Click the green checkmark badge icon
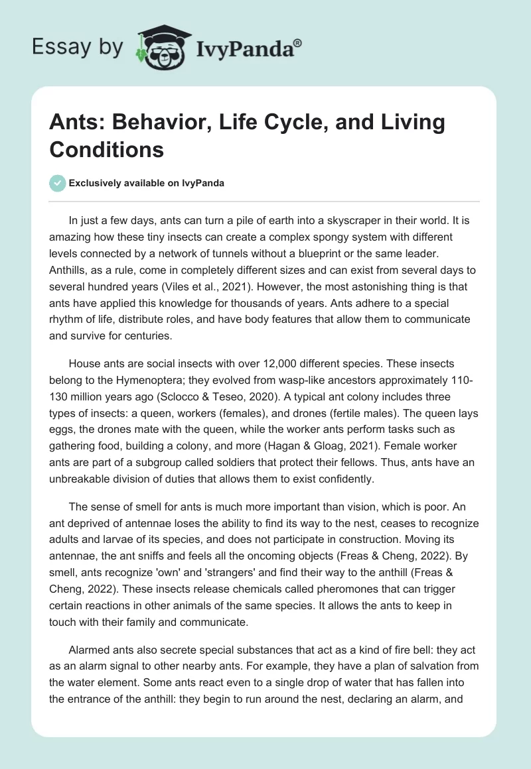click(x=58, y=183)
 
